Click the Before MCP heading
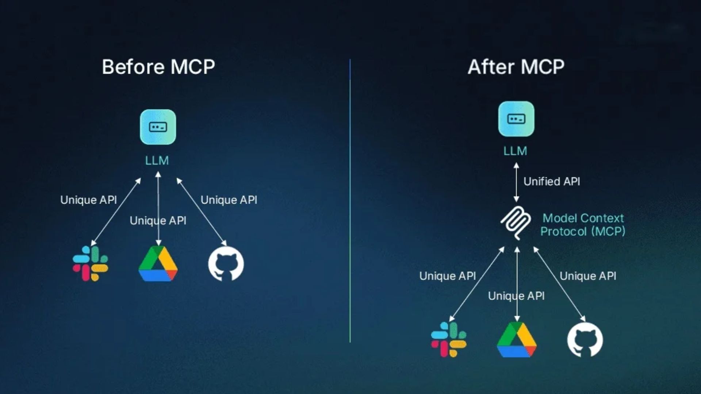[x=158, y=67]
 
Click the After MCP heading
[x=516, y=67]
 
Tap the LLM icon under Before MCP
[x=158, y=127]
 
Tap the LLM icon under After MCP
[x=516, y=119]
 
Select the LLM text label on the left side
[x=157, y=161]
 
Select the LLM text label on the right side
[x=515, y=151]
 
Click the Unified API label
[x=552, y=181]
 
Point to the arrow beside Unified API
[x=516, y=182]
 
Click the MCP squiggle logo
[x=516, y=223]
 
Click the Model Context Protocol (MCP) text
[x=583, y=225]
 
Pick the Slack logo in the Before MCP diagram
[x=90, y=263]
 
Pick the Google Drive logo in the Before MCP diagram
[x=158, y=264]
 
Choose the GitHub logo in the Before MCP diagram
[x=226, y=264]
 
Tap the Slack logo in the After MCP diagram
[x=449, y=339]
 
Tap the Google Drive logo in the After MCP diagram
[x=517, y=340]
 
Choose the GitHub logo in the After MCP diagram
[x=585, y=340]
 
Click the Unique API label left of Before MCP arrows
[x=88, y=200]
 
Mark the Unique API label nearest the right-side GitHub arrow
[x=588, y=276]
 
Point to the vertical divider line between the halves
[x=350, y=201]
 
